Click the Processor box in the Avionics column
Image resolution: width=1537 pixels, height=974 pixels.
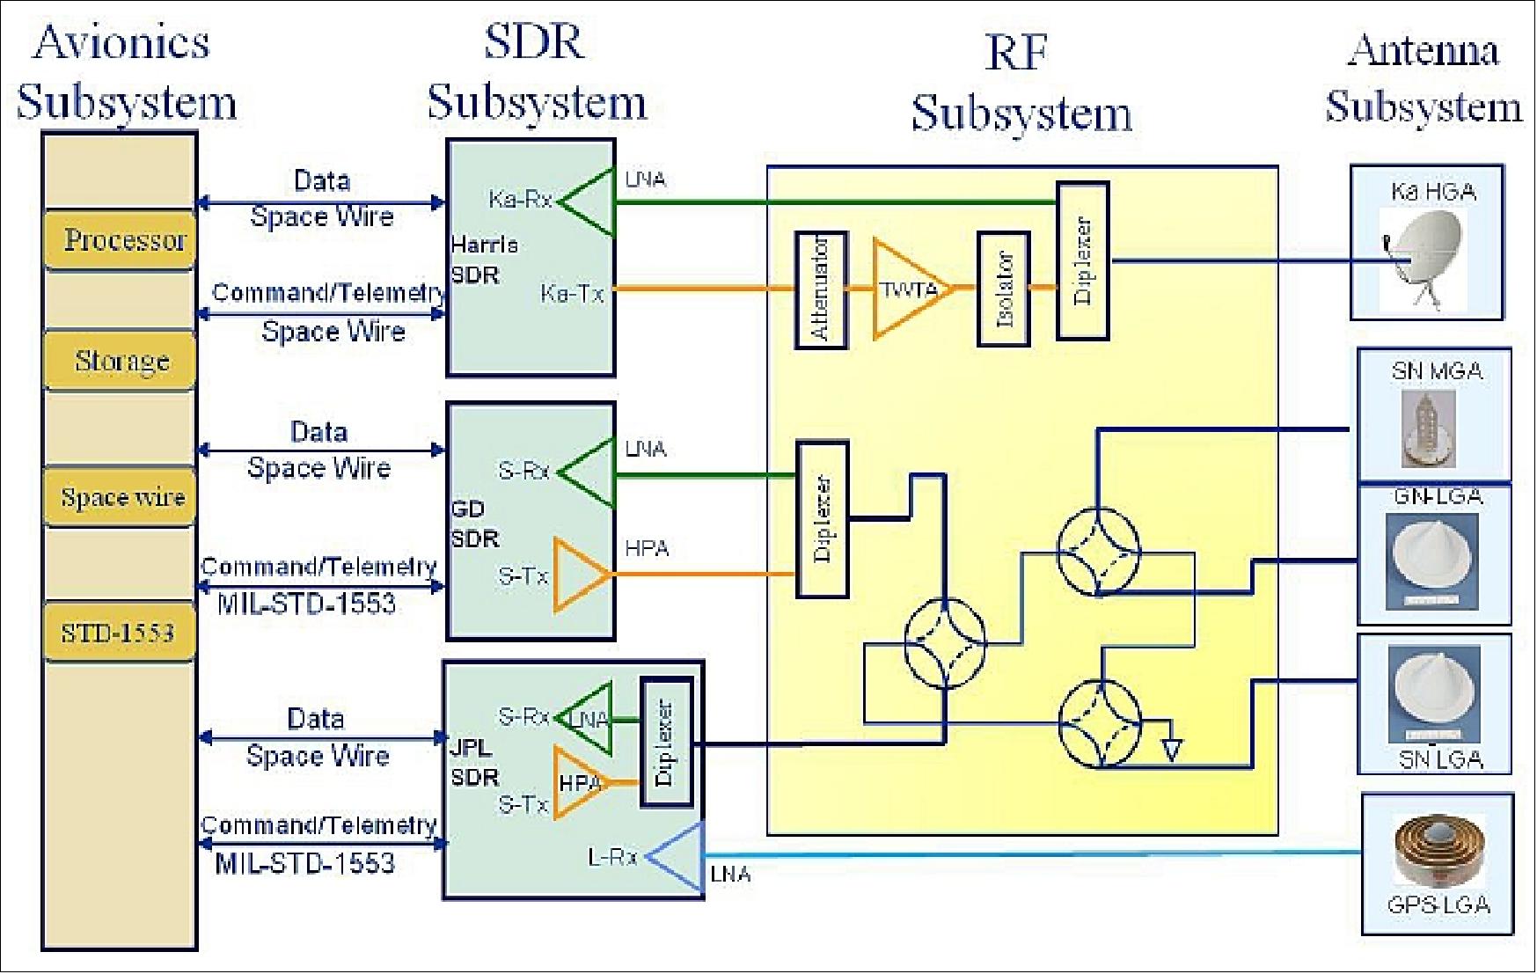click(x=120, y=240)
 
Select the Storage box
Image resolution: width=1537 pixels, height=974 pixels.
click(x=120, y=361)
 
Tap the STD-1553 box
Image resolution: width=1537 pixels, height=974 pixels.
click(x=119, y=633)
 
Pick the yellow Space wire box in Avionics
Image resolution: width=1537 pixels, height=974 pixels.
click(x=120, y=497)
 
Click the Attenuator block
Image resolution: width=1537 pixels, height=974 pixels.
click(x=821, y=289)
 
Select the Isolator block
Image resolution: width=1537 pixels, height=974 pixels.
click(x=1004, y=289)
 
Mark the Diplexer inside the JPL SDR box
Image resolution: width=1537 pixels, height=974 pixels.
click(x=666, y=743)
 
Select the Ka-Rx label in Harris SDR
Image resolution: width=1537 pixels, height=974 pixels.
click(x=520, y=201)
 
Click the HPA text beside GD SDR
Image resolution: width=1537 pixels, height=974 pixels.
click(x=647, y=549)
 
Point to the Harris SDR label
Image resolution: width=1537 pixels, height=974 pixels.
click(x=482, y=260)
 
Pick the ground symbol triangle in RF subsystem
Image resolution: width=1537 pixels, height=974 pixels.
click(x=1171, y=750)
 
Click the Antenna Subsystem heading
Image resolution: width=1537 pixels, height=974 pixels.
click(x=1423, y=79)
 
